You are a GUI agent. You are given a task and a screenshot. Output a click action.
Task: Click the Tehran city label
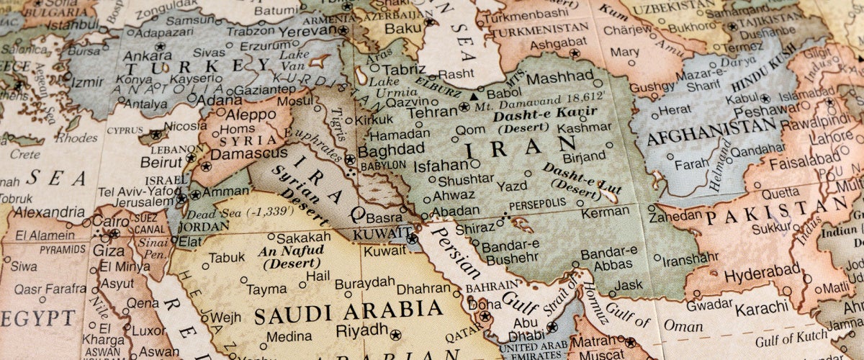click(432, 112)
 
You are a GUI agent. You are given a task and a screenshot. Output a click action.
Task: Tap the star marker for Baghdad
click(349, 159)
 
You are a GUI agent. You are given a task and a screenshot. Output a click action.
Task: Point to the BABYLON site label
click(382, 164)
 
